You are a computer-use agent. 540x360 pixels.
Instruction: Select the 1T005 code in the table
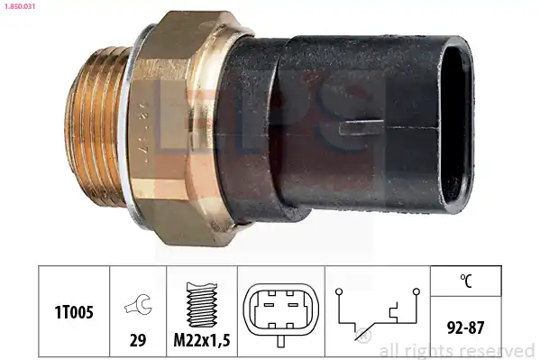click(74, 312)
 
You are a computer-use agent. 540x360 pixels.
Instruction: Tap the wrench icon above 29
click(138, 304)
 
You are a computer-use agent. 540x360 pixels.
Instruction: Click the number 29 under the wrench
click(138, 340)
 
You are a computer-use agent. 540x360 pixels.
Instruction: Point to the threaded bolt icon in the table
click(202, 304)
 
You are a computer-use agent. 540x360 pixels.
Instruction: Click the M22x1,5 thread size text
click(202, 340)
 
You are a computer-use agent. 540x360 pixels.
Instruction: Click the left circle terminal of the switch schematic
click(339, 291)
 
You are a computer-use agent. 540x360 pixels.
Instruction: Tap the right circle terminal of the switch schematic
click(416, 291)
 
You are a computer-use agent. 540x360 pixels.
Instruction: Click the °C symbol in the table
click(466, 281)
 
